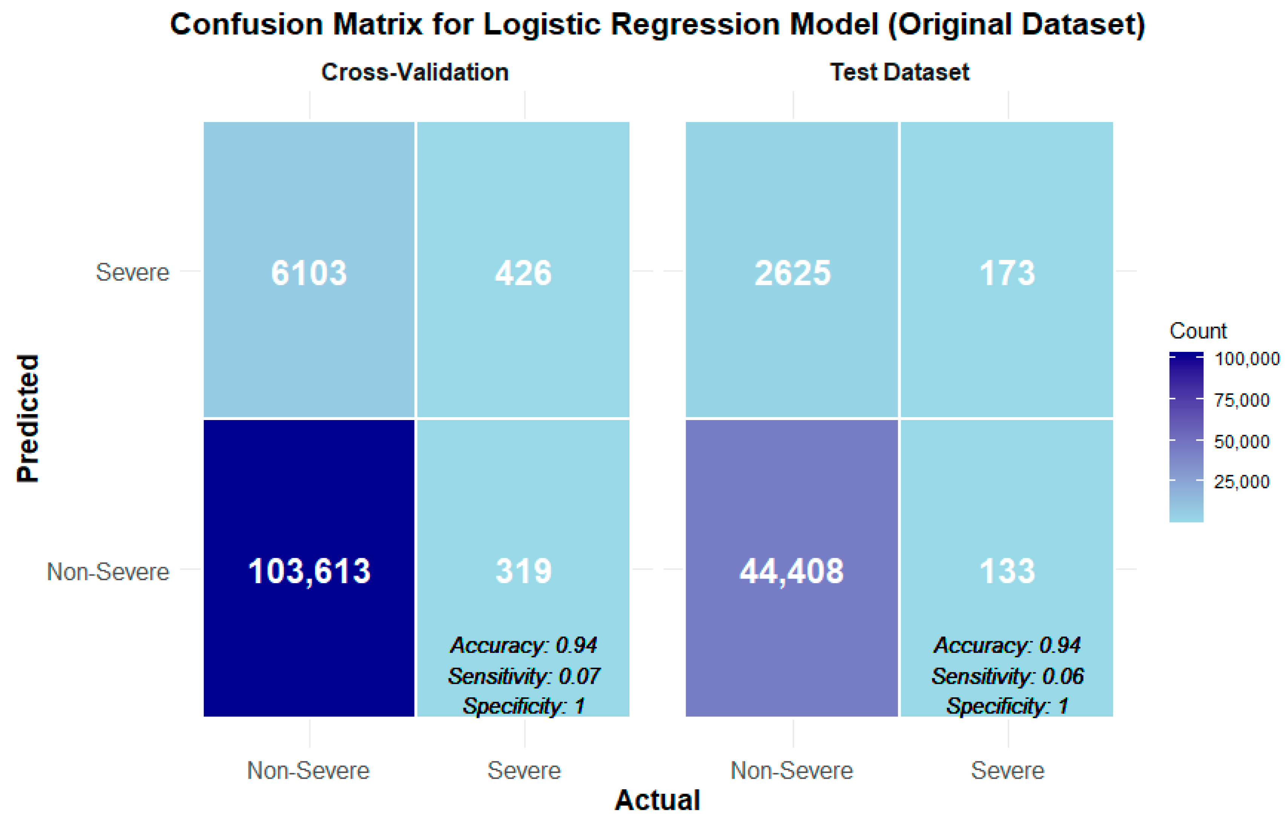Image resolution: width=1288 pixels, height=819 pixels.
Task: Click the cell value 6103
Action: [x=309, y=273]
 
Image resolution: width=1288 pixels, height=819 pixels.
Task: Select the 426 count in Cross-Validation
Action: [x=523, y=273]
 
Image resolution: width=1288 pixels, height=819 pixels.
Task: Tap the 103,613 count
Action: [x=309, y=571]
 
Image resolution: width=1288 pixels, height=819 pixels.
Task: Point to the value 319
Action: [x=523, y=571]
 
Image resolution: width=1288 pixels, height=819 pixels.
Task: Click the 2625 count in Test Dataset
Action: [x=792, y=273]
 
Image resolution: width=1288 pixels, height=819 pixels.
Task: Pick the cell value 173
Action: [x=1007, y=273]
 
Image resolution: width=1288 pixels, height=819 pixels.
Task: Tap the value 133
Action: [x=1007, y=571]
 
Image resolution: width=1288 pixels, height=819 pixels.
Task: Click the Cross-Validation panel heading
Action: [x=415, y=72]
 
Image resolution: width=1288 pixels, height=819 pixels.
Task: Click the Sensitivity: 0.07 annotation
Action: [x=524, y=676]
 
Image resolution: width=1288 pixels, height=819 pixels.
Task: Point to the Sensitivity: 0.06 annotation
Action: [x=1007, y=676]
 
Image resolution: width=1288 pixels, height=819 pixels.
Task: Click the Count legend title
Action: [x=1198, y=331]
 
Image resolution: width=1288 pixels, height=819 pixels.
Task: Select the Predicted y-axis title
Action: [x=28, y=418]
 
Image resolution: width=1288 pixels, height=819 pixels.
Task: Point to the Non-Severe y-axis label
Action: [x=108, y=571]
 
